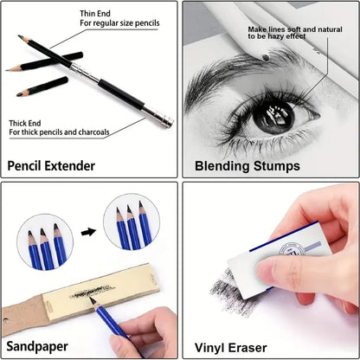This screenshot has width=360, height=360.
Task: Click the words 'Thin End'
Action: coord(96,12)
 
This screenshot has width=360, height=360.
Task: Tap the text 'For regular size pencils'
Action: coord(120,22)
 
